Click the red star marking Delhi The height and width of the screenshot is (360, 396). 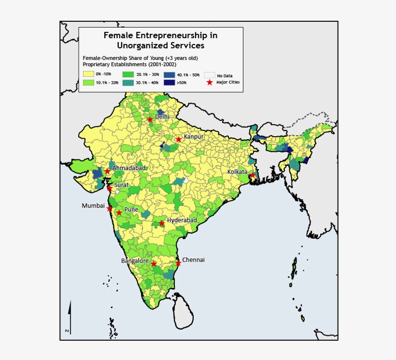(150, 119)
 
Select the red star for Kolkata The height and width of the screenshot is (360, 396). (252, 175)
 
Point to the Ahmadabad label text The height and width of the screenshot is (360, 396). (128, 168)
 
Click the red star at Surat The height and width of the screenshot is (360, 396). (109, 188)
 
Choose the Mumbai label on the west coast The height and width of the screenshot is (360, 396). (93, 205)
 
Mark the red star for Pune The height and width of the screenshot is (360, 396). (119, 213)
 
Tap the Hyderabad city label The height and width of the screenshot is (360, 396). (182, 220)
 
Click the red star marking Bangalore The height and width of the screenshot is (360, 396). (154, 264)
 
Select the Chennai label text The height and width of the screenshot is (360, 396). (193, 259)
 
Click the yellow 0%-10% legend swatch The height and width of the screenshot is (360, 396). (88, 75)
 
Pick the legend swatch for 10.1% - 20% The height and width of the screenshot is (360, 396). (88, 83)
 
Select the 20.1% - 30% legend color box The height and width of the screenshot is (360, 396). (128, 75)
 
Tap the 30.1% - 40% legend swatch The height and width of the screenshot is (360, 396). (128, 83)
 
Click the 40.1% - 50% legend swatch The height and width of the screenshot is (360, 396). (169, 75)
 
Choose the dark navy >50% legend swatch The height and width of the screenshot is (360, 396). (169, 83)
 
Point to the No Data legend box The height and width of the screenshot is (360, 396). (209, 75)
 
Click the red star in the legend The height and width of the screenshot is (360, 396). (210, 83)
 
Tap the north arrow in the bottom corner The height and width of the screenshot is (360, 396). (70, 314)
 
